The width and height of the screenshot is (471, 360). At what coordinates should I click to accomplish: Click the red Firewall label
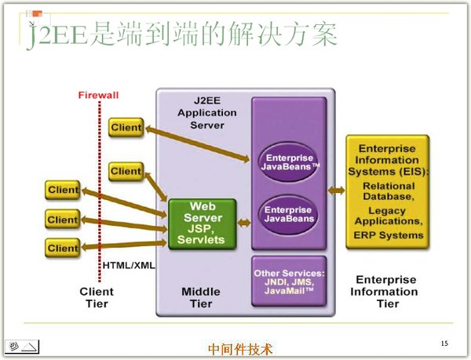tap(98, 95)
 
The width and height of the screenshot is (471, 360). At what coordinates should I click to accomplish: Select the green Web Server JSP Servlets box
tap(202, 223)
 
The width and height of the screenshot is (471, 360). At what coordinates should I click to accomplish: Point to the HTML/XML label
tap(129, 265)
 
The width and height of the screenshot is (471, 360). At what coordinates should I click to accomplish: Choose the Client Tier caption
tap(97, 297)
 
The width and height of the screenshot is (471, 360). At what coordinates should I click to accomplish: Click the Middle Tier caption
tap(201, 297)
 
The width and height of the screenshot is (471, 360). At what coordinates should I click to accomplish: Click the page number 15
tap(444, 344)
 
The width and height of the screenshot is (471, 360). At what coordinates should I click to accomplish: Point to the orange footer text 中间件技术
tap(240, 349)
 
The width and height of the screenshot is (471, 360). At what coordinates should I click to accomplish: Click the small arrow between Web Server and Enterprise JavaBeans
tap(244, 223)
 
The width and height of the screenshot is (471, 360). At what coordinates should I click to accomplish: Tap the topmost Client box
tap(126, 127)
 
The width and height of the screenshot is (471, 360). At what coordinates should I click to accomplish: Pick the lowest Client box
tap(63, 248)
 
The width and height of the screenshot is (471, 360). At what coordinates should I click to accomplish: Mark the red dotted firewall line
tap(99, 196)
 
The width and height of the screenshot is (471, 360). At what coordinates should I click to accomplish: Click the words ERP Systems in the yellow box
tap(388, 235)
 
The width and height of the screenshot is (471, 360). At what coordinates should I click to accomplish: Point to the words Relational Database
tap(388, 191)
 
